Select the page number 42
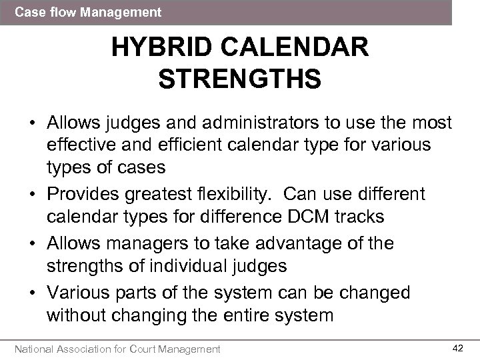pyautogui.click(x=457, y=348)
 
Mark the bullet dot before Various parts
pyautogui.click(x=31, y=293)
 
